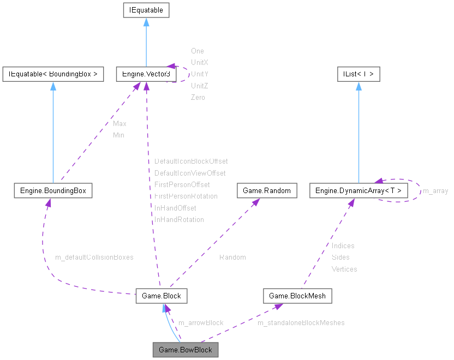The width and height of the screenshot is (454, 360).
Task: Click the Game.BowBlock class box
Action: [x=186, y=350]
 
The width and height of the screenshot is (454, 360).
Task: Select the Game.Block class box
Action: [x=162, y=296]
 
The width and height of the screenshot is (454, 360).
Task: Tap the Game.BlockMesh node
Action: [x=297, y=296]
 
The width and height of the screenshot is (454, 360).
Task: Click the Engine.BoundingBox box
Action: [x=53, y=190]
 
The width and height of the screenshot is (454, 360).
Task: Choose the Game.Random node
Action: [x=267, y=190]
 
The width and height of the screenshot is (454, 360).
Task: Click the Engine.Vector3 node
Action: [x=146, y=74]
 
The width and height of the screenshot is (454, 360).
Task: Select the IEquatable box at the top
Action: [x=146, y=10]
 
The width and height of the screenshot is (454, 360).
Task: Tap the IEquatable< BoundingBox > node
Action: [x=53, y=74]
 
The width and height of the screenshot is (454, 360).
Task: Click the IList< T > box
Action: [x=359, y=74]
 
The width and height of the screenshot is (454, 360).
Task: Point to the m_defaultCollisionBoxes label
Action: [x=94, y=257]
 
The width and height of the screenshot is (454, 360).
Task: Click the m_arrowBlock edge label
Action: [x=201, y=322]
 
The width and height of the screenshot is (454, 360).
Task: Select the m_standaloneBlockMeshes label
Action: [x=301, y=322]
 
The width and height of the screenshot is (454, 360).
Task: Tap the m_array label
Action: [x=435, y=190]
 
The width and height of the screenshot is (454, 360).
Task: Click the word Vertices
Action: [x=344, y=269]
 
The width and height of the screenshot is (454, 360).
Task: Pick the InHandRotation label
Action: [x=179, y=219]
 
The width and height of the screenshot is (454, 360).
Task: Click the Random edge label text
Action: [x=232, y=257]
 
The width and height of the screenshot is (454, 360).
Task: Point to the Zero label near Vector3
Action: [x=198, y=97]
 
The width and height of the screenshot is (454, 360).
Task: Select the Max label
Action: [x=120, y=123]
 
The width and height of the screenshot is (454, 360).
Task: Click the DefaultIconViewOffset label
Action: [x=190, y=173]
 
